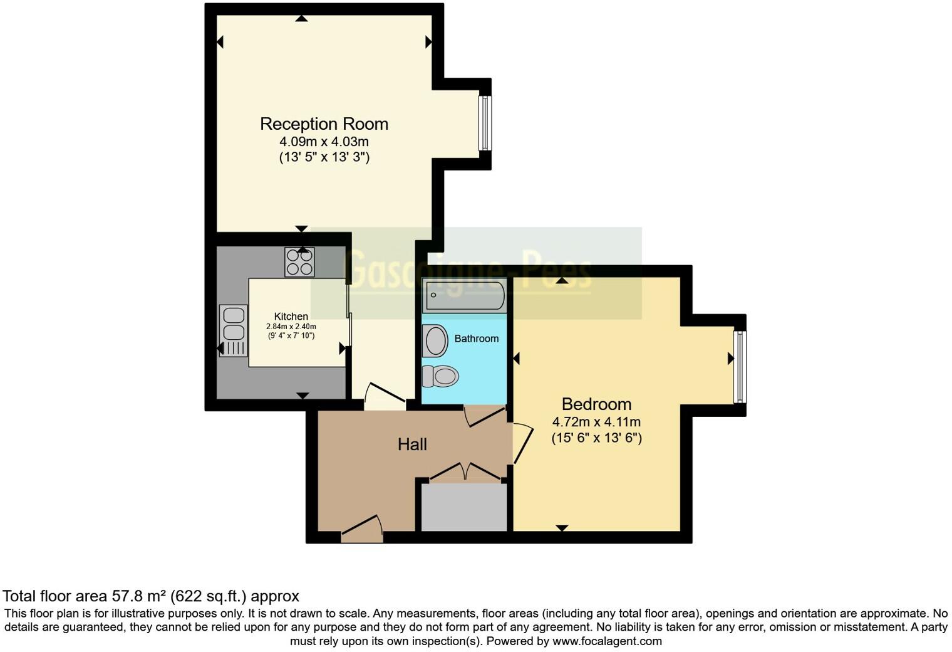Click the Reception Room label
(x=324, y=124)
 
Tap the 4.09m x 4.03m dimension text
(x=324, y=142)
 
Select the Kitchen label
(x=291, y=317)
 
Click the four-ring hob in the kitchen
(x=299, y=262)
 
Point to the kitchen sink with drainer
(x=232, y=331)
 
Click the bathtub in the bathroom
(x=464, y=297)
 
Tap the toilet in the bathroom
(x=441, y=376)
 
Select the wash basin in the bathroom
(x=435, y=340)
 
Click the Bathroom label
(x=477, y=339)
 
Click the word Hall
(x=412, y=444)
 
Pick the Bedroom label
(x=596, y=404)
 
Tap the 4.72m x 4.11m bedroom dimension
(x=596, y=422)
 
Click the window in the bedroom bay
(x=740, y=367)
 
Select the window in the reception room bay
(x=484, y=123)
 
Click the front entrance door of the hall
(x=362, y=530)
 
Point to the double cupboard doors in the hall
(x=464, y=472)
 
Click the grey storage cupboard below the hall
(x=463, y=507)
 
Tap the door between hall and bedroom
(x=522, y=444)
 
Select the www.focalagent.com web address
(x=607, y=641)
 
